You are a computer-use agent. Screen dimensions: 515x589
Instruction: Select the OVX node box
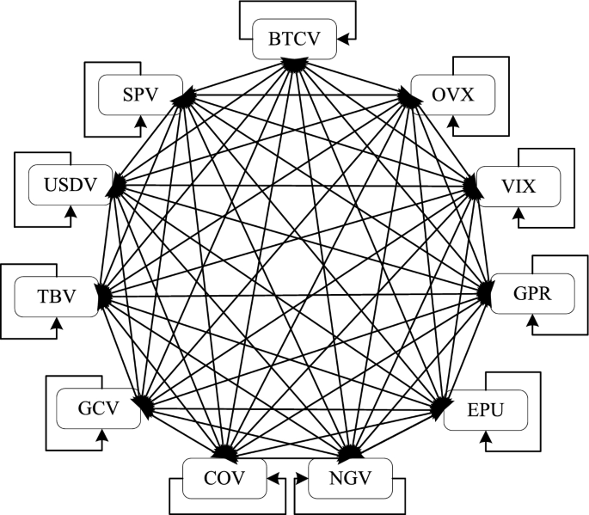(454, 95)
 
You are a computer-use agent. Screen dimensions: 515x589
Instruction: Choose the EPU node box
(487, 412)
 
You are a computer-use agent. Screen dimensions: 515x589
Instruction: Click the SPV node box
(140, 94)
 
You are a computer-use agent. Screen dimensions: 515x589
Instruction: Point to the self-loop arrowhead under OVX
(453, 123)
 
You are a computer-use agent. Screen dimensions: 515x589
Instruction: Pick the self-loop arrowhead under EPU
(486, 439)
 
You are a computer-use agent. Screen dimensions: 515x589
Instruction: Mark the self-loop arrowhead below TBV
(58, 325)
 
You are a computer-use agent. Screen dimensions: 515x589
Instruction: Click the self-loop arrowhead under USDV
(71, 212)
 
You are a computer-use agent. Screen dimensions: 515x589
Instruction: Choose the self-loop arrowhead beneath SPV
(139, 122)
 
